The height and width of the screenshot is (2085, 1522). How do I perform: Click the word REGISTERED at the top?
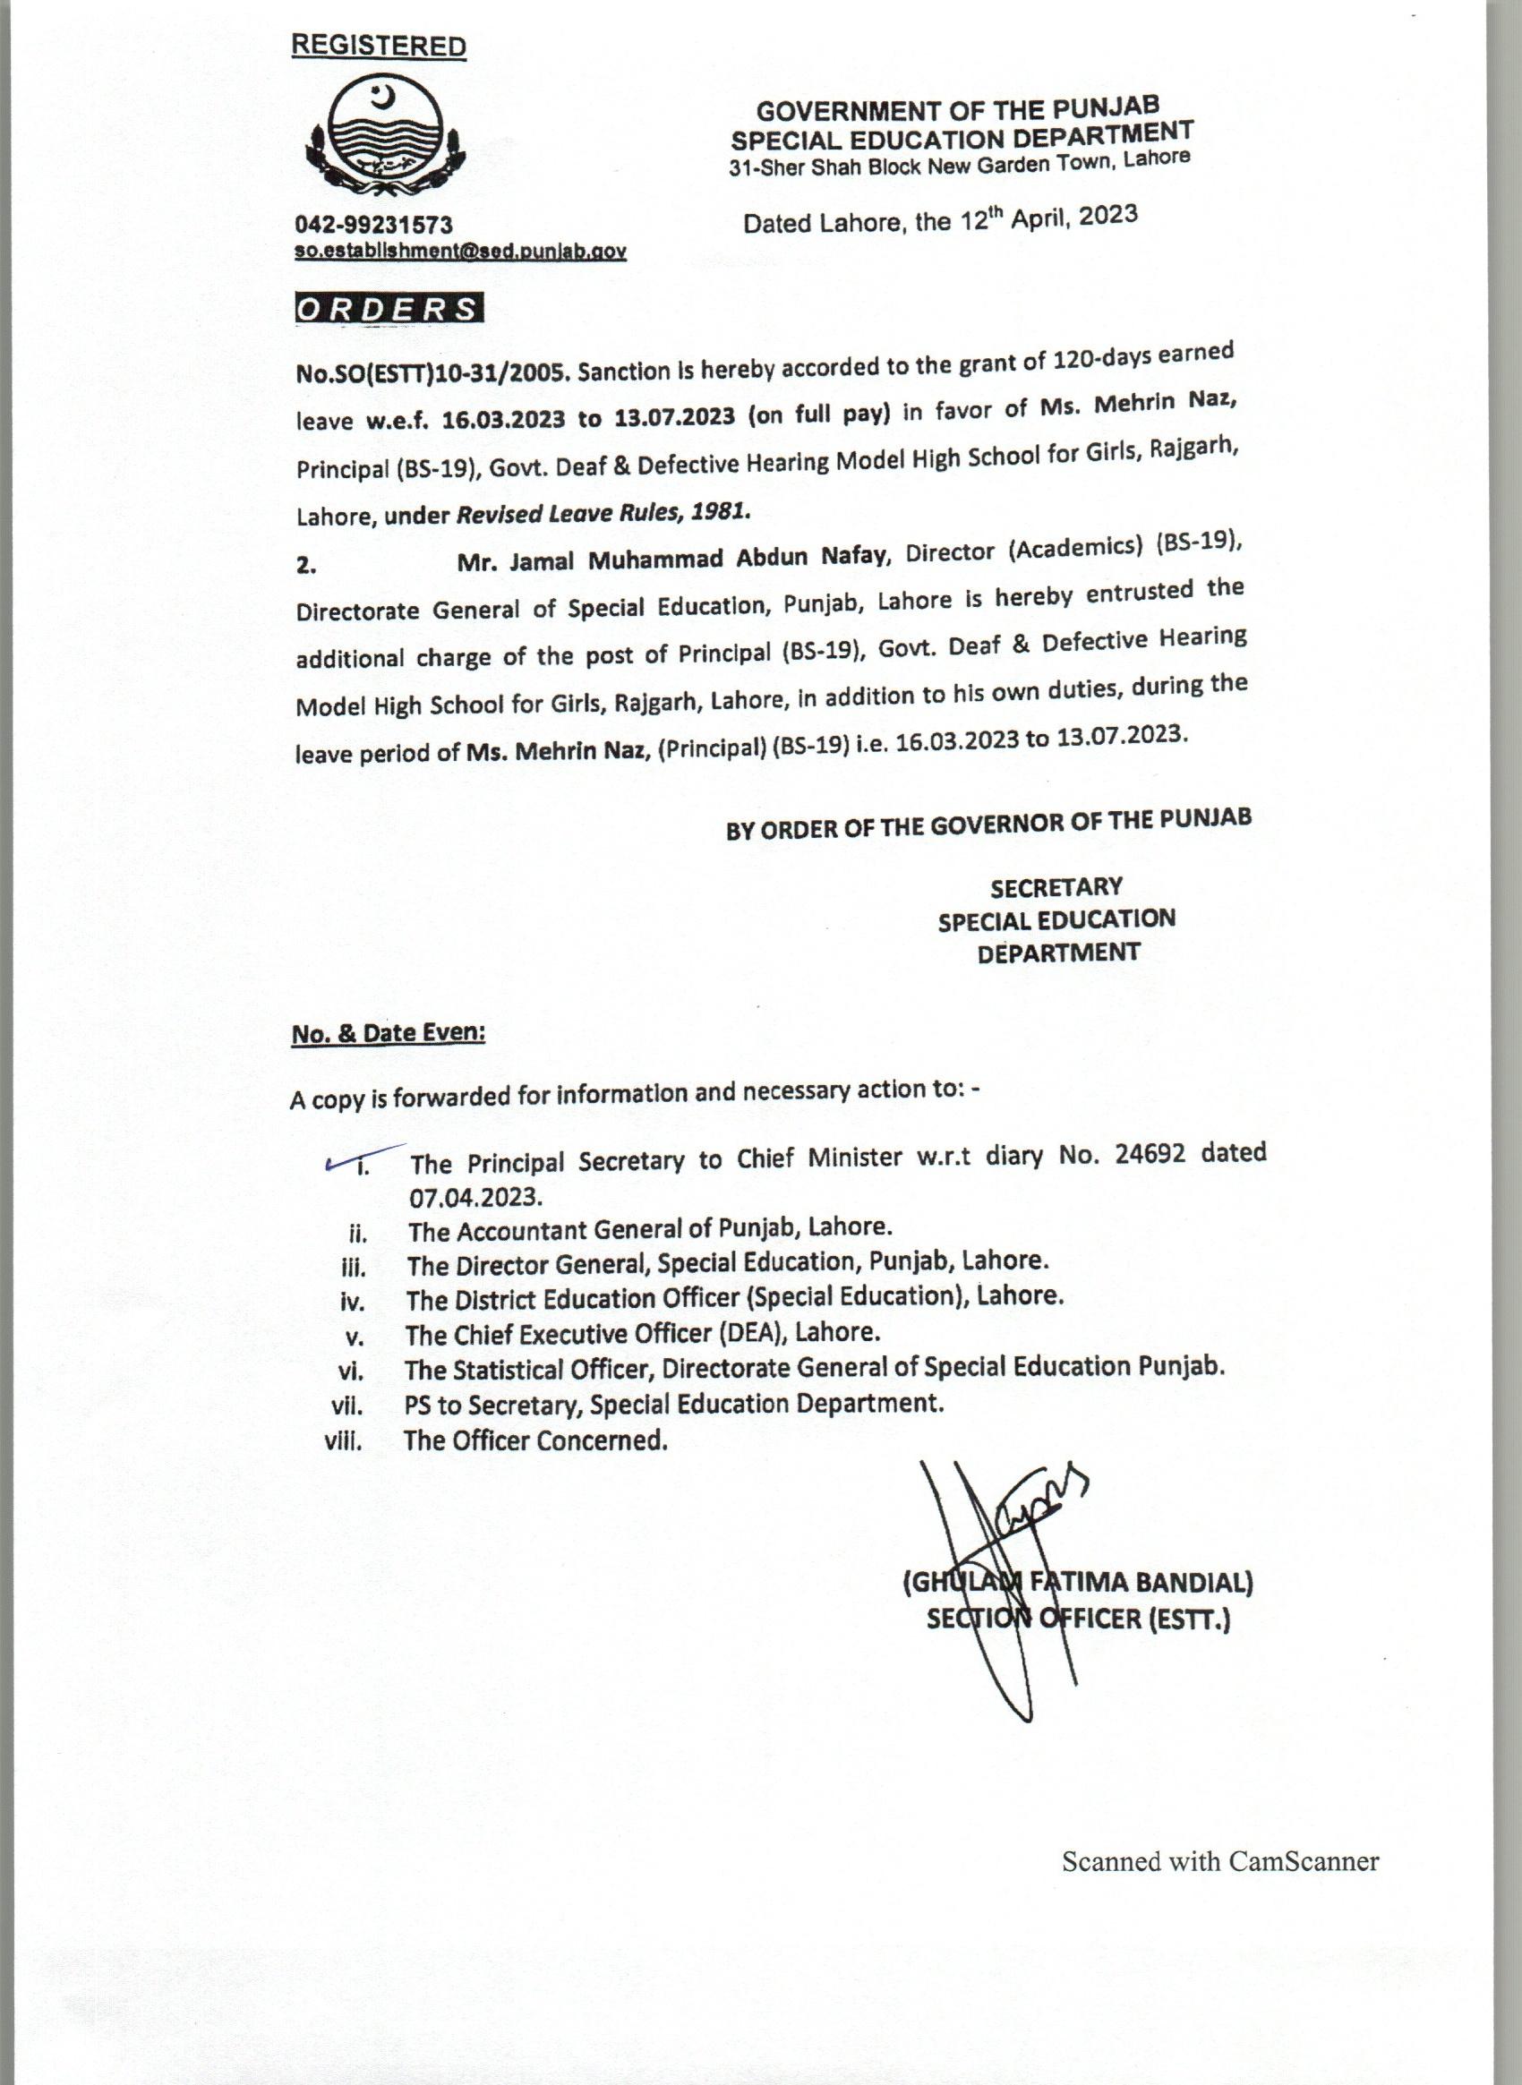click(x=379, y=46)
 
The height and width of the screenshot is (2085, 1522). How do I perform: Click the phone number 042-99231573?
click(x=373, y=225)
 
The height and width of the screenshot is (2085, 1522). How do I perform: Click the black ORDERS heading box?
click(x=389, y=309)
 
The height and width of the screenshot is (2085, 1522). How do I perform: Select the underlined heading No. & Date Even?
click(x=388, y=1033)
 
